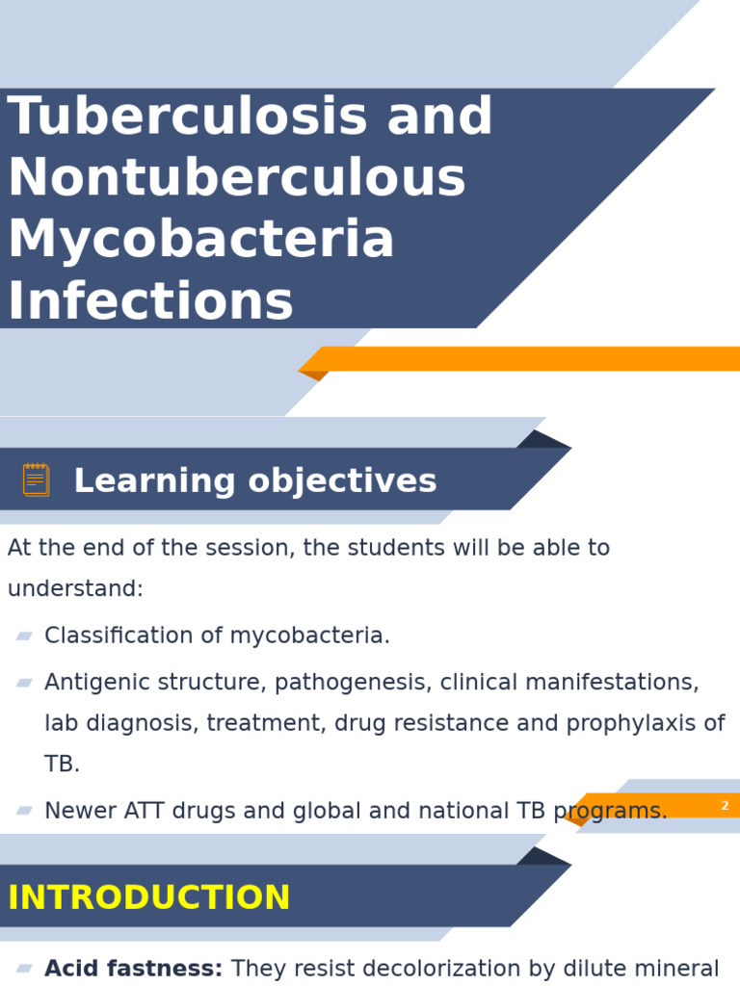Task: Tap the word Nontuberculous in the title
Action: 236,179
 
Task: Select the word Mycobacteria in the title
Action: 200,241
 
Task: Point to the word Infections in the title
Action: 150,302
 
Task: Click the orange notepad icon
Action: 36,480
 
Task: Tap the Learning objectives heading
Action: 255,481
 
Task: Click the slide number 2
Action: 725,806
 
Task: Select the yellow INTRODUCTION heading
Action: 148,898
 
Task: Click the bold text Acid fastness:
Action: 133,970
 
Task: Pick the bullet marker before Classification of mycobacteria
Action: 24,636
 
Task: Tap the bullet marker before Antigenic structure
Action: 24,683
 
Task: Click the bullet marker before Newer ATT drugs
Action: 24,811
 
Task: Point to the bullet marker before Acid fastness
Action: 24,969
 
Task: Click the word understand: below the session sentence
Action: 75,589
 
